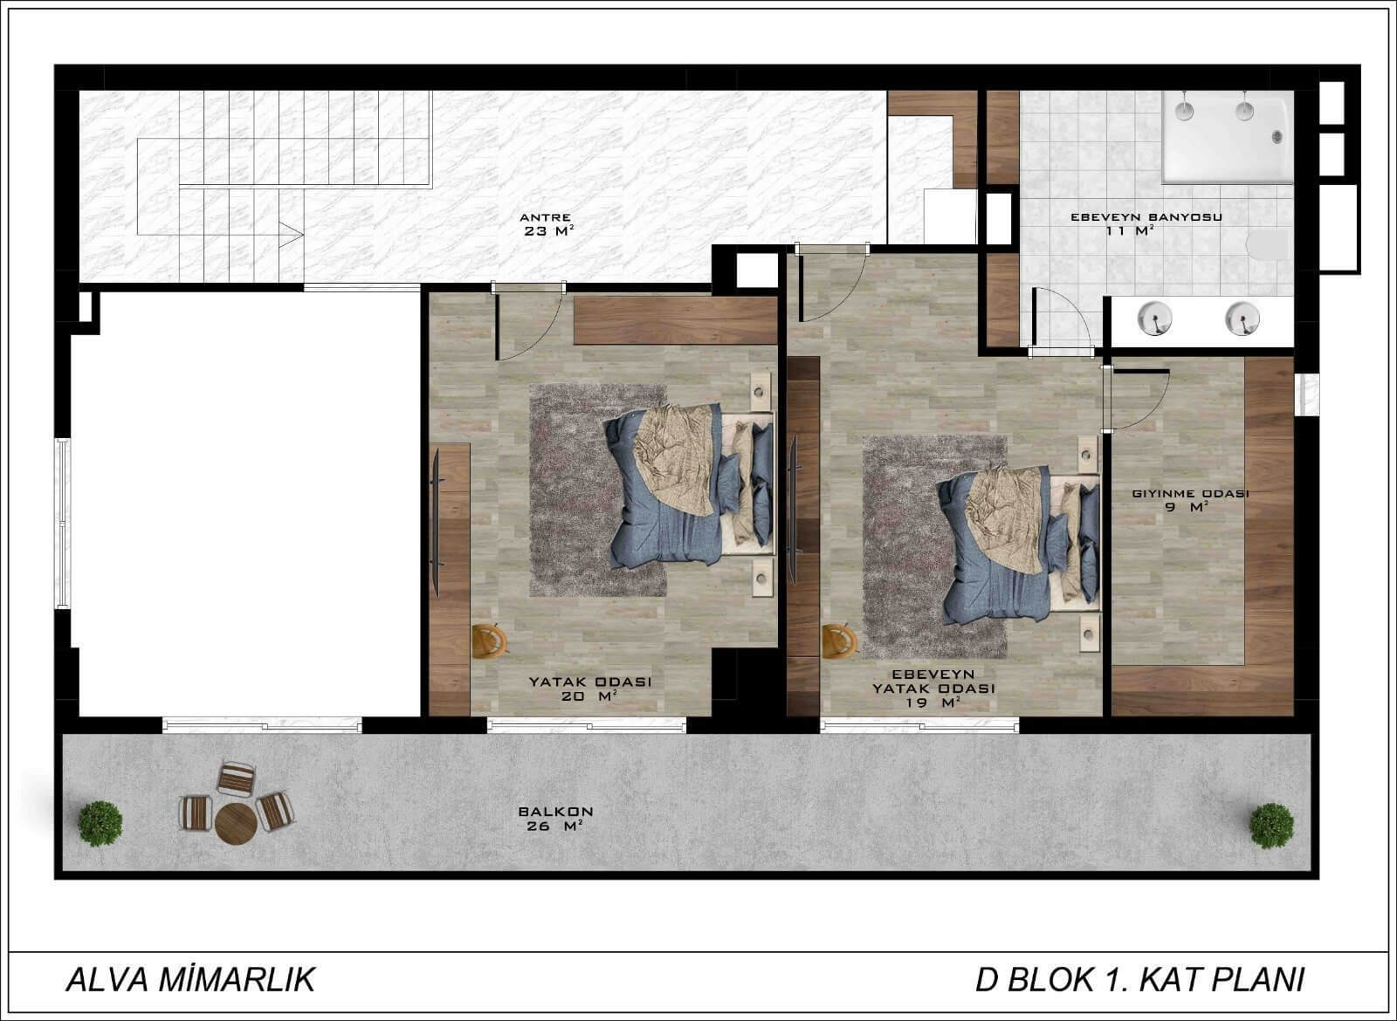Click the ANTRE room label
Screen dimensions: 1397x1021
click(545, 217)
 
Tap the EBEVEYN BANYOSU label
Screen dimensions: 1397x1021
click(1146, 217)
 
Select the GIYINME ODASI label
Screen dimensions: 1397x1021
click(1190, 494)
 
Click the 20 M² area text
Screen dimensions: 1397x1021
click(589, 696)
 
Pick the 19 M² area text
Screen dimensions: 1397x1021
click(933, 703)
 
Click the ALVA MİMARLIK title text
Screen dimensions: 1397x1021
click(191, 980)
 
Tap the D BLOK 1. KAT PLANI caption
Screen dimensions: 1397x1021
click(1139, 980)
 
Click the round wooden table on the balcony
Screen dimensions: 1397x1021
click(236, 824)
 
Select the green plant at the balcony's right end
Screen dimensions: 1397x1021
click(1271, 826)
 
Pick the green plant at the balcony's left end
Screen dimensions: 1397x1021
click(100, 824)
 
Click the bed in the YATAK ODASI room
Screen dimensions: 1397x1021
click(689, 484)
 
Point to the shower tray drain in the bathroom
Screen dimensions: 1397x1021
click(1277, 136)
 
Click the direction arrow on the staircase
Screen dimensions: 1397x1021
click(292, 235)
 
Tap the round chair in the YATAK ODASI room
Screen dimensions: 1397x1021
click(490, 641)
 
